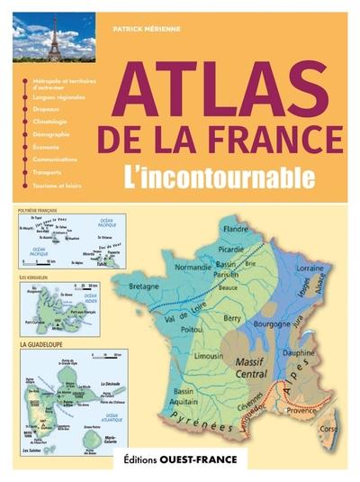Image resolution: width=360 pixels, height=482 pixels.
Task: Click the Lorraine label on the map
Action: click(x=310, y=268)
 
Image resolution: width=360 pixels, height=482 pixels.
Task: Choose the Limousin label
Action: click(x=210, y=359)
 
